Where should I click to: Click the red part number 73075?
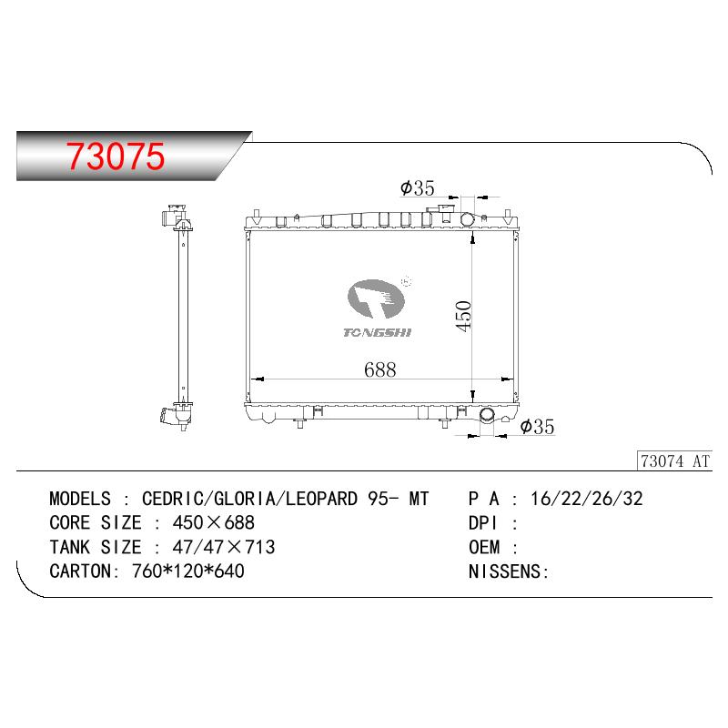(x=116, y=156)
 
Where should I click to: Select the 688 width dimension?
(x=379, y=369)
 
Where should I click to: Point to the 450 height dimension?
(x=463, y=316)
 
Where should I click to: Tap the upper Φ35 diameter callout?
(x=418, y=188)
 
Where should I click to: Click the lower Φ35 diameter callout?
(x=537, y=426)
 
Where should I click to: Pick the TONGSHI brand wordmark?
(x=377, y=332)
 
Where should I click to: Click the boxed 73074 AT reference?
(x=674, y=461)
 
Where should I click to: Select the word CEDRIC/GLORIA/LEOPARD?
(x=249, y=499)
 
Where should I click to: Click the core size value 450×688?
(x=214, y=522)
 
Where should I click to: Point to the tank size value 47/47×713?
(x=224, y=547)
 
